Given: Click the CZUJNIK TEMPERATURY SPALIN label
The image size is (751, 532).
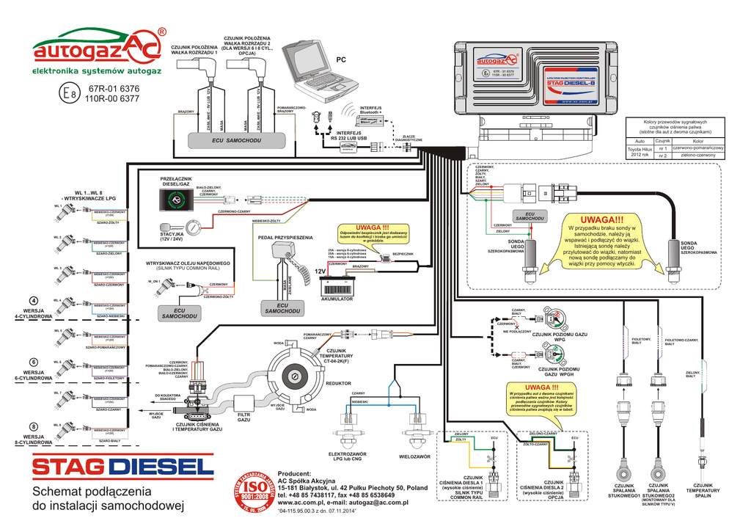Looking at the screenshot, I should tap(703, 490).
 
